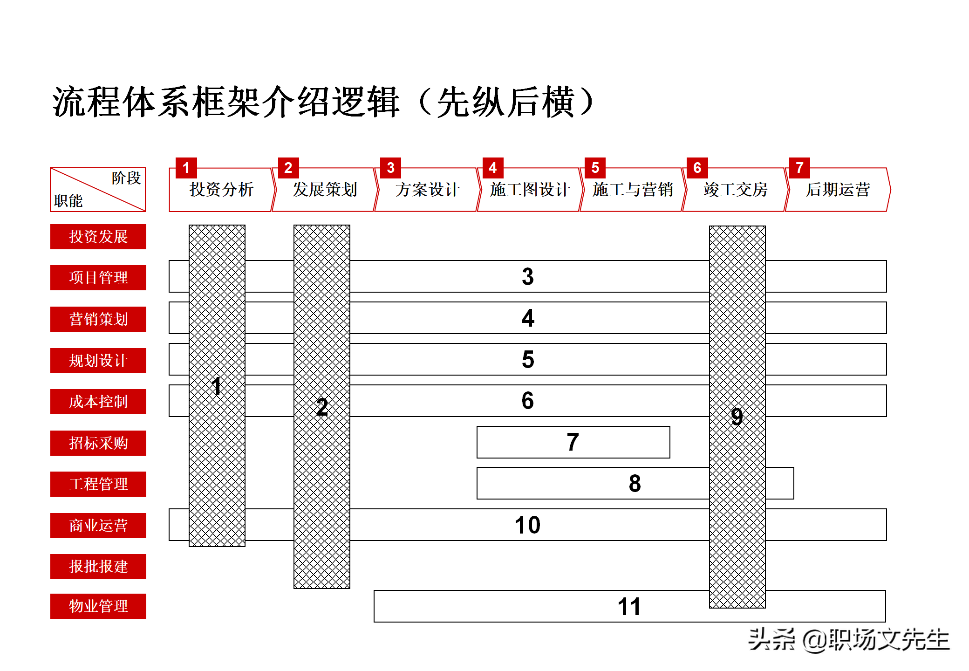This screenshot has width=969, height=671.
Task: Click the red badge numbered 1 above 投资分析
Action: coord(186,168)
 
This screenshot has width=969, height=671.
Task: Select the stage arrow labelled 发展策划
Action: coord(325,190)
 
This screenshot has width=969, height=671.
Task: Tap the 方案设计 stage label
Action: coord(427,190)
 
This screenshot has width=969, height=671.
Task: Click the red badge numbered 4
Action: coord(493,168)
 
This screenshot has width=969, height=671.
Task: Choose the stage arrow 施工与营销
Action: coord(632,190)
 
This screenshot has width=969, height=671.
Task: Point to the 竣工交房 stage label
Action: coord(735,190)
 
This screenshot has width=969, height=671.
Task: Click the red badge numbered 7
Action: coord(799,168)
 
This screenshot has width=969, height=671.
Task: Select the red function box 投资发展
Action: coord(98,237)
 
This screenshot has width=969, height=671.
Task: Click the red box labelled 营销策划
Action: coord(98,319)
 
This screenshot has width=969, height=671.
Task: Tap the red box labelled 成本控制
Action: coord(98,402)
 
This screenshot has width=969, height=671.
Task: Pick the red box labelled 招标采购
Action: coord(98,443)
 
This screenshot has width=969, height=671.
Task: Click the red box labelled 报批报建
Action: coord(98,567)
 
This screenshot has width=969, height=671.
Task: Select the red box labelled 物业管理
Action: coord(98,606)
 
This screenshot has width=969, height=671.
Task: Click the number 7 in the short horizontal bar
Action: coord(573,442)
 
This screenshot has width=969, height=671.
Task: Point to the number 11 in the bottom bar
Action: coord(629,607)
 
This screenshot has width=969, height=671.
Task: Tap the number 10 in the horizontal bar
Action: coord(527,525)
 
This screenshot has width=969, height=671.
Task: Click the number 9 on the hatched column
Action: coord(737,416)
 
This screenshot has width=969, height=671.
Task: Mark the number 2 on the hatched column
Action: coord(322,407)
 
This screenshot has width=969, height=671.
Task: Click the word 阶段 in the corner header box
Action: coord(126,178)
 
